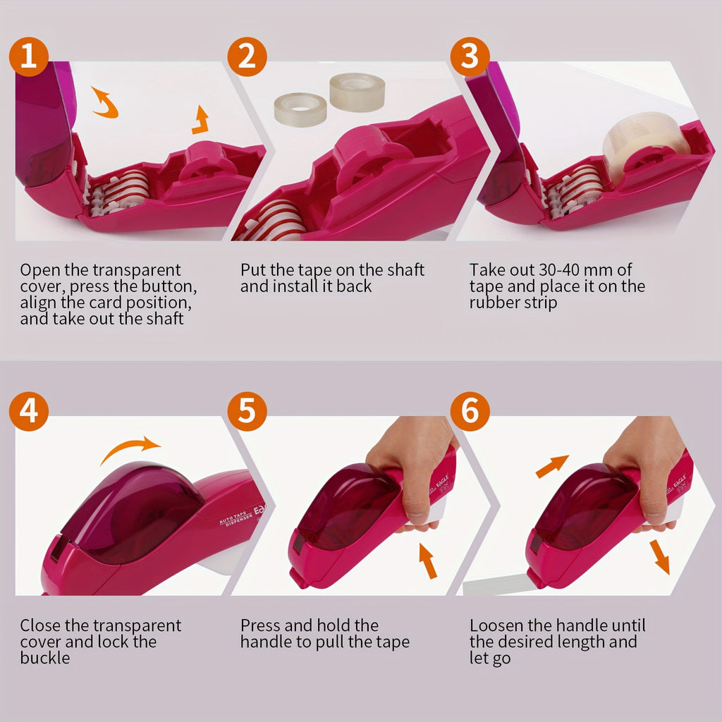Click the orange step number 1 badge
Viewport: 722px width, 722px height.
28,57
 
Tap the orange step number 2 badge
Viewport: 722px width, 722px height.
247,57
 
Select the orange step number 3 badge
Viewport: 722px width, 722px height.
470,57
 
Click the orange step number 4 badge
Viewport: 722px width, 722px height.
28,412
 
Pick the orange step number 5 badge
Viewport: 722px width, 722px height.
247,412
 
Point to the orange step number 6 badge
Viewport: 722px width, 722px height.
470,412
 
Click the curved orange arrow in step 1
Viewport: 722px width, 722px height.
105,103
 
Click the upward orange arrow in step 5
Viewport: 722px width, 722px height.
428,561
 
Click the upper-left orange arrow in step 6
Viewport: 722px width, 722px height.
552,465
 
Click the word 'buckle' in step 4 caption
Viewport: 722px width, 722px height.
45,659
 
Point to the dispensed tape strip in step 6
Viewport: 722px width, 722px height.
494,585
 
